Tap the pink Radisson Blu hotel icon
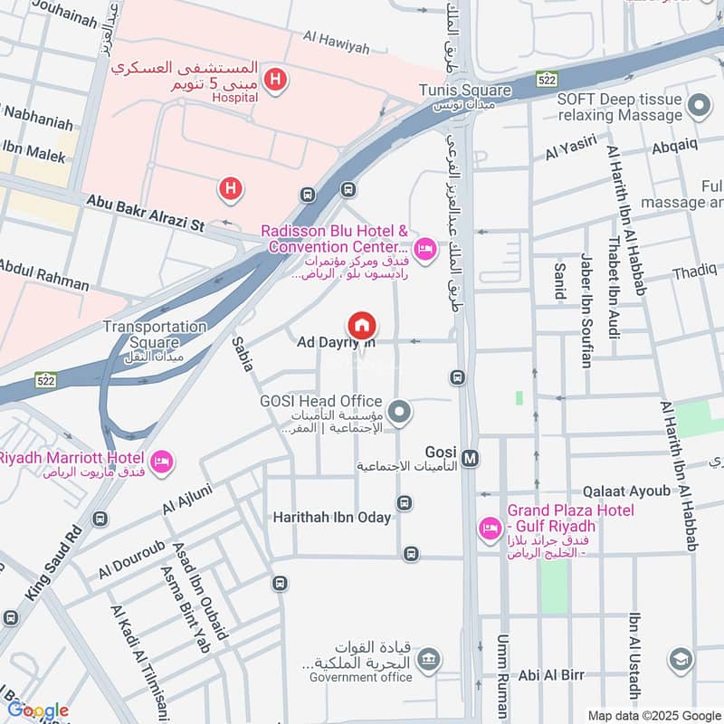[x=424, y=247]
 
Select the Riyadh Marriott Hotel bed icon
[x=163, y=462]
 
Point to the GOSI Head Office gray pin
[x=401, y=414]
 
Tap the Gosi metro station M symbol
[x=470, y=458]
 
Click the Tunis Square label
[x=464, y=90]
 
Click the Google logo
[x=38, y=710]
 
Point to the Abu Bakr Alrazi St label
[x=145, y=213]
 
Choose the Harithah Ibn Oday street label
[x=332, y=518]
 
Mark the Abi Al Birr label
[x=551, y=675]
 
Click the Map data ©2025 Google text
[x=653, y=715]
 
